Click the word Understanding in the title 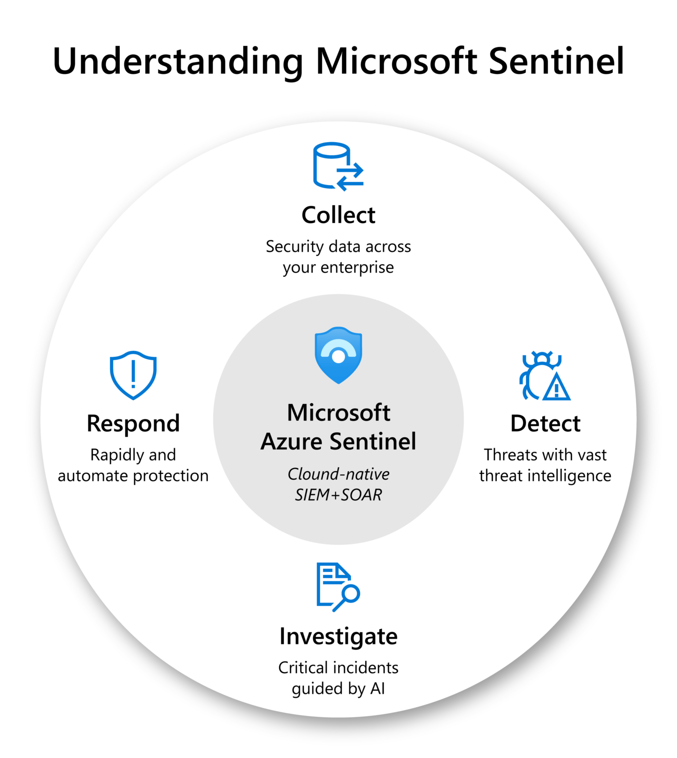point(178,62)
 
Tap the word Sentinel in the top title point(556,61)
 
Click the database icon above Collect point(338,166)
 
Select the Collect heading point(338,215)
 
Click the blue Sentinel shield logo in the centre point(338,355)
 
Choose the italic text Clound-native point(338,474)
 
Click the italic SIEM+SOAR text point(338,494)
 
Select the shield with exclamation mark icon point(133,375)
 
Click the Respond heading point(133,423)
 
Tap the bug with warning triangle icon point(544,376)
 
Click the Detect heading point(545,423)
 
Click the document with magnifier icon point(337,587)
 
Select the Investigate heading point(338,636)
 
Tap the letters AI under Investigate point(377,688)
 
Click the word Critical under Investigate point(303,668)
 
